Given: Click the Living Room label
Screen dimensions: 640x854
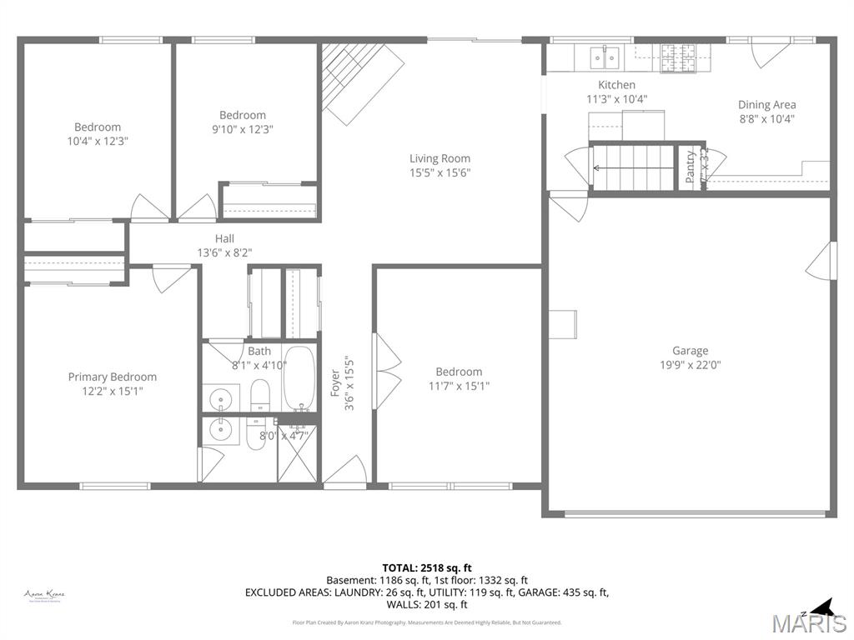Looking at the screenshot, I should [x=440, y=158].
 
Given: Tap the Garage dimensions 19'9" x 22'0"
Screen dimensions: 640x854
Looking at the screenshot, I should [x=690, y=364].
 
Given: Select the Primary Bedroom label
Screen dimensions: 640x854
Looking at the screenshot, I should [x=112, y=377].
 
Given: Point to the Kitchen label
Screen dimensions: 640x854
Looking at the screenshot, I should [x=616, y=85].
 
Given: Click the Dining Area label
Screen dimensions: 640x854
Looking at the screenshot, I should [x=766, y=105].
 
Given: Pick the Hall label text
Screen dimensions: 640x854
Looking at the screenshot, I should [x=224, y=239].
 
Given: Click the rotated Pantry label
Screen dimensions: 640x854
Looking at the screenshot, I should [x=691, y=167].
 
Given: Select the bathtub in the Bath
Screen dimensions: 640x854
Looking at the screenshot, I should [x=299, y=379].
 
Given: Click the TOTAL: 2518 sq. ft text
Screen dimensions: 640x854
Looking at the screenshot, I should [x=426, y=567].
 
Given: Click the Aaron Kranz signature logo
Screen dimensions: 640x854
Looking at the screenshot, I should [x=45, y=595].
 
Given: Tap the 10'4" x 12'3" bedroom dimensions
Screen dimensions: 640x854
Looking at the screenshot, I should [x=98, y=141].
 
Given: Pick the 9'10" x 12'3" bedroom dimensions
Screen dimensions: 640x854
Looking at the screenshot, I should [x=242, y=129].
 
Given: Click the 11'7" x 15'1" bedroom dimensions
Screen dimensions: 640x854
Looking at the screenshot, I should [x=458, y=386].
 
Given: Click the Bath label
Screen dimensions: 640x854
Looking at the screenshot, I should [x=259, y=352].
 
